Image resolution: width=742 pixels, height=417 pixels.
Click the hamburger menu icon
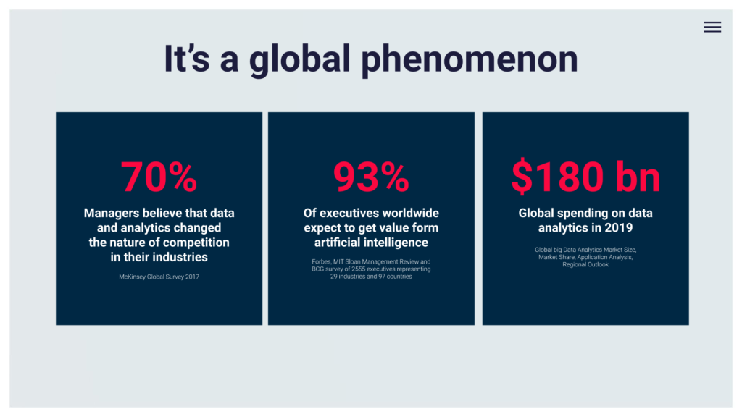[712, 27]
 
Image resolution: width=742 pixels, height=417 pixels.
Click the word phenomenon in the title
[470, 59]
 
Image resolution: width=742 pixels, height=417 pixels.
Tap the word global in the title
[299, 59]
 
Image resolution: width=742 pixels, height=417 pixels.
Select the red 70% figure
[159, 177]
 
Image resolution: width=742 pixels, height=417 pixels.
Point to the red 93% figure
[371, 177]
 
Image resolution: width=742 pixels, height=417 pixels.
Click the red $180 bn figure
[585, 176]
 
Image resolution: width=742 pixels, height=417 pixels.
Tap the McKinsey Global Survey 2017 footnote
[159, 277]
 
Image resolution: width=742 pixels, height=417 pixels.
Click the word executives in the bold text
[344, 214]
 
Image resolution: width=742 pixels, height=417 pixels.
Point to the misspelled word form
[425, 228]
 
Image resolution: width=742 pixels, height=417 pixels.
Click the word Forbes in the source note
[321, 261]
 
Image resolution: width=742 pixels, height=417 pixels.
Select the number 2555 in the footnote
[358, 269]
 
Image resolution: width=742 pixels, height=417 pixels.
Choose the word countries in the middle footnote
[399, 277]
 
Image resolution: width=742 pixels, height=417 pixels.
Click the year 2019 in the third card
[619, 228]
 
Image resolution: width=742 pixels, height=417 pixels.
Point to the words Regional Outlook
[585, 265]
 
